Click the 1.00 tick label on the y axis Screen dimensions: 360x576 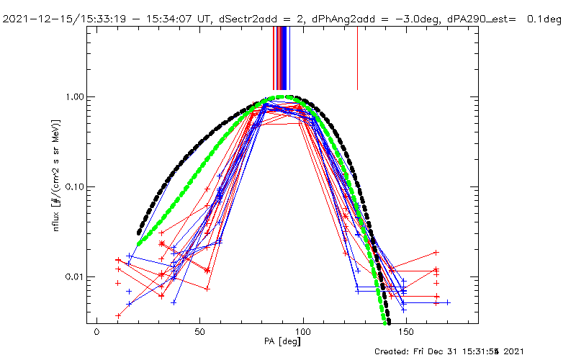(73, 96)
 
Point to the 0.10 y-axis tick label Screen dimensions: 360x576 (73, 186)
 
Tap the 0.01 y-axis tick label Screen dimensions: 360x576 (73, 276)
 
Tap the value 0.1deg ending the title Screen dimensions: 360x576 (545, 19)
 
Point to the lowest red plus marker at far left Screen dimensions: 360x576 (118, 315)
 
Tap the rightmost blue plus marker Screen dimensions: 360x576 (447, 302)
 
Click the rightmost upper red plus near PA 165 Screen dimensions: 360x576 (436, 253)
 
